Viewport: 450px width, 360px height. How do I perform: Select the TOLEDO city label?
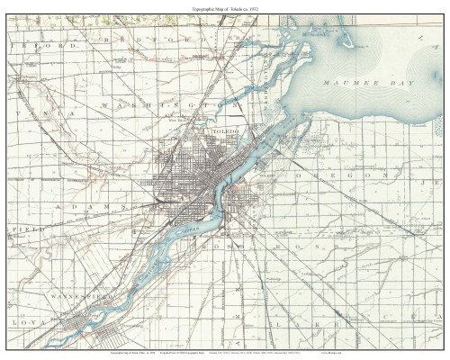point(225,132)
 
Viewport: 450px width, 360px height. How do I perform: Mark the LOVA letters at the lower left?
point(27,319)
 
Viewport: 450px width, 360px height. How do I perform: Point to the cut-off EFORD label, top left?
point(36,43)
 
